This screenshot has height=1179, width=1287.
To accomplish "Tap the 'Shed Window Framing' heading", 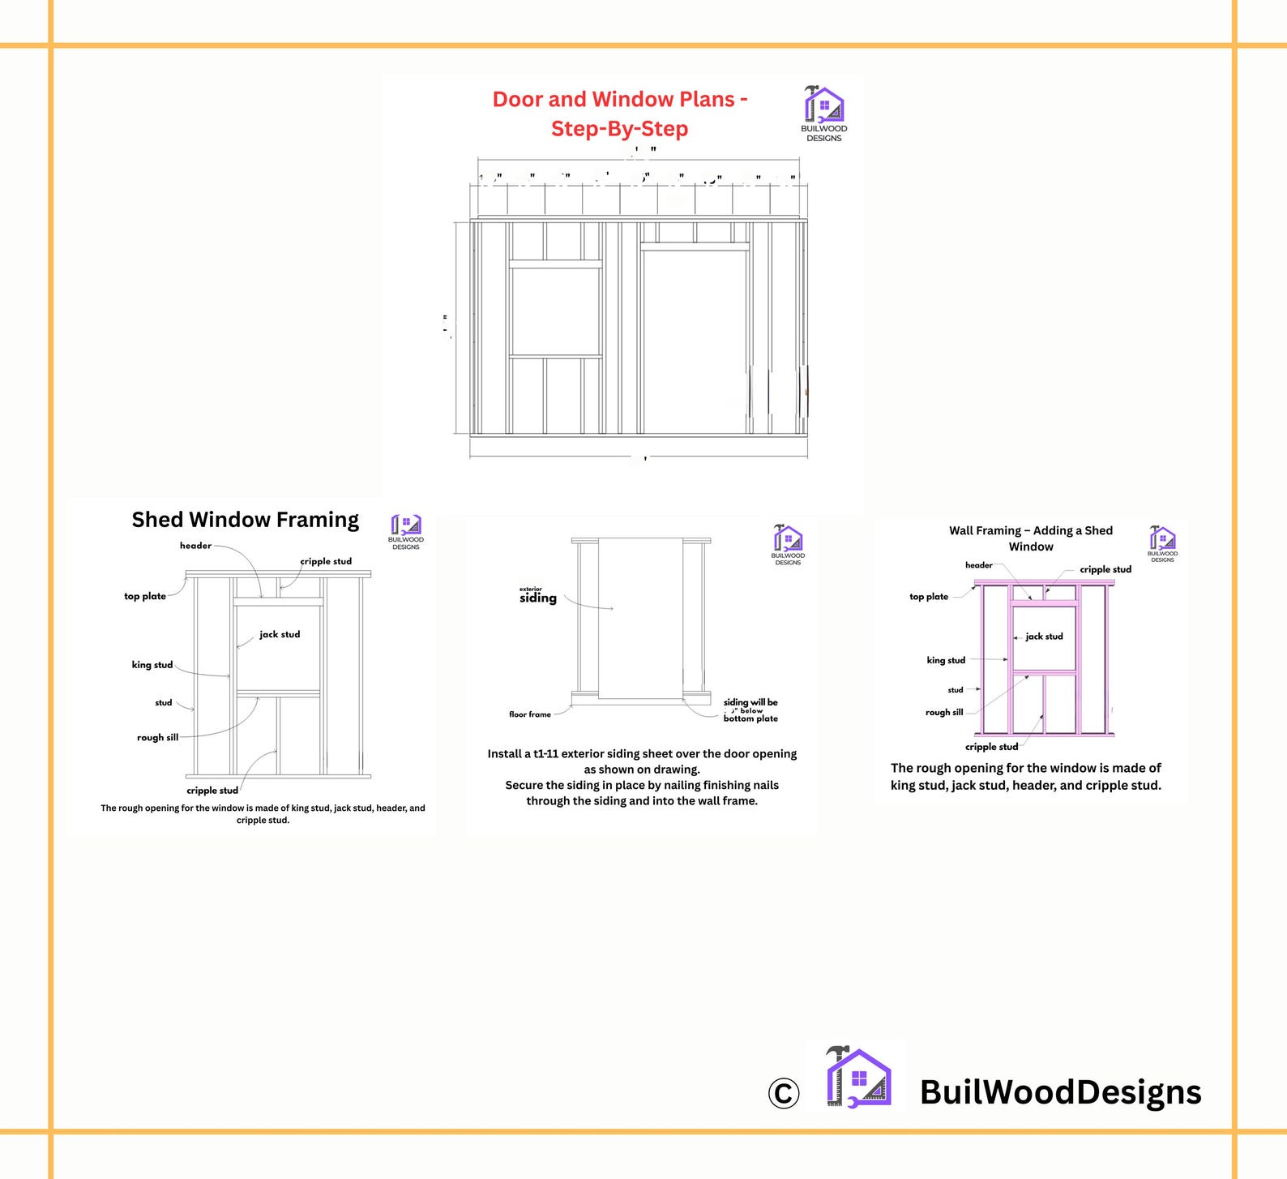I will tap(245, 520).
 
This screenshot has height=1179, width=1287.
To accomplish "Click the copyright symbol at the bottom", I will tap(783, 1093).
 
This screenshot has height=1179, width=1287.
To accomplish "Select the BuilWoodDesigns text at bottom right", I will tap(1060, 1092).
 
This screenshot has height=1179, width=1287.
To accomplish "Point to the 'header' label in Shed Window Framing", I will tap(195, 546).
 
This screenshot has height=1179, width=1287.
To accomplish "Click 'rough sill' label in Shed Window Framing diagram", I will tap(157, 738).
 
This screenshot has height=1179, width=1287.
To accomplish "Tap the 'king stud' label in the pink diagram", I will tap(946, 660).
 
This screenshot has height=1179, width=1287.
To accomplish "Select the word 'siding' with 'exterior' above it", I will tap(538, 598).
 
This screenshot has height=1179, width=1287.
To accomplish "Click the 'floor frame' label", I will tap(530, 714).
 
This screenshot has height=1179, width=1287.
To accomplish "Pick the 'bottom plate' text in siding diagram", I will tap(750, 718).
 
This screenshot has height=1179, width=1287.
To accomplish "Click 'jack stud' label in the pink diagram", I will tap(1044, 637).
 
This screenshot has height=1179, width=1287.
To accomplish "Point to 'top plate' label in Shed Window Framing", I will tap(144, 596).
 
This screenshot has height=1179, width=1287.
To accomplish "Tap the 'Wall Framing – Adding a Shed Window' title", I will tap(1031, 538).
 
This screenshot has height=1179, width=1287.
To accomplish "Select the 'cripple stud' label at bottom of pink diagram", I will tap(991, 747).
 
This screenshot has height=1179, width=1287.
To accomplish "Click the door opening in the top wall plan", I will tap(695, 341).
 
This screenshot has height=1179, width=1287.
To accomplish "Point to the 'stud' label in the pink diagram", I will tap(956, 690).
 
